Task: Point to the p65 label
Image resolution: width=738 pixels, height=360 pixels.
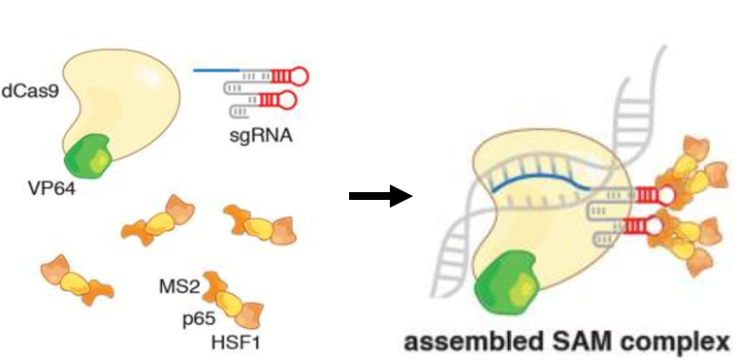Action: tap(198, 317)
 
